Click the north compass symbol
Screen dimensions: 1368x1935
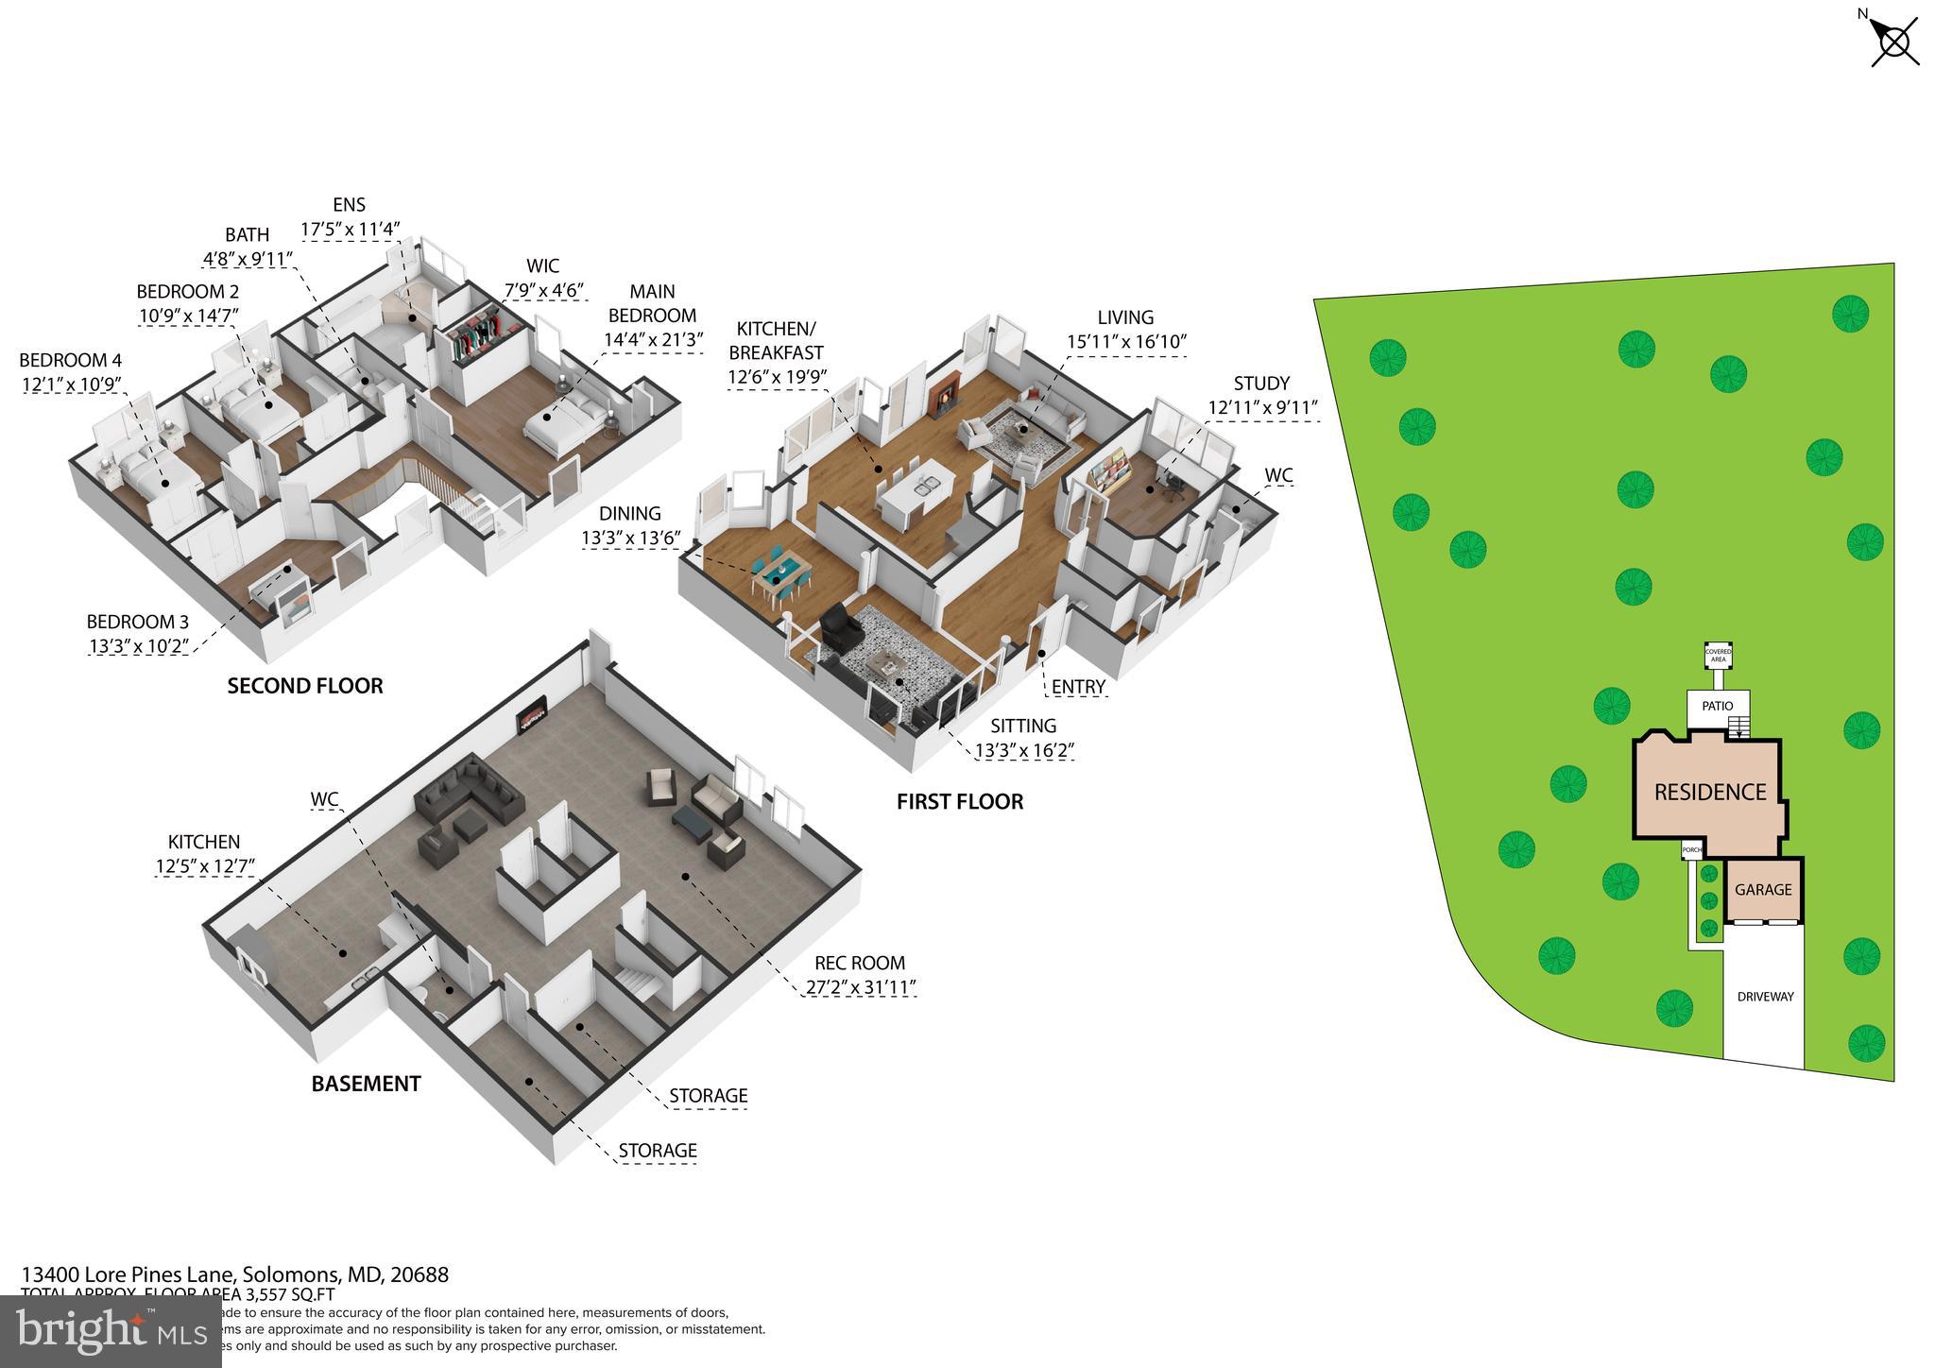[1893, 43]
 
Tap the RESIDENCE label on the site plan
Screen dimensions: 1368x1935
[1709, 792]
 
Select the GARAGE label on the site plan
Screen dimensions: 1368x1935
[1763, 889]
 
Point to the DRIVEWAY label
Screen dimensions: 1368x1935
[1765, 996]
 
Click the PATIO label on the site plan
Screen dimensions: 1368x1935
[1718, 706]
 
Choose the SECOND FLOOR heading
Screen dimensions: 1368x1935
[305, 686]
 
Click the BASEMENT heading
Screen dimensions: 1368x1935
[366, 1084]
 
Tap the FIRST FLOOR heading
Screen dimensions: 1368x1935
[959, 802]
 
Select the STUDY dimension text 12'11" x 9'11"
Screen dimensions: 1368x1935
[1262, 408]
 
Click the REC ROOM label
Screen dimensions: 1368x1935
[859, 963]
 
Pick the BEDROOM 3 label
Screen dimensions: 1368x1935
[137, 622]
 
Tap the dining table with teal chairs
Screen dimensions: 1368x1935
[781, 573]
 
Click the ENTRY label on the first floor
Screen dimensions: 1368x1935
[1078, 687]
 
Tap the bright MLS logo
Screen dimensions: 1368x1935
[111, 1332]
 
